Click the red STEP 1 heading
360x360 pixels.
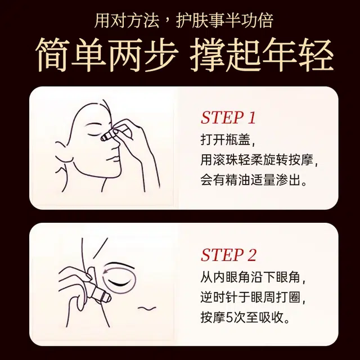pyautogui.click(x=228, y=118)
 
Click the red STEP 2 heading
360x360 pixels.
pyautogui.click(x=228, y=255)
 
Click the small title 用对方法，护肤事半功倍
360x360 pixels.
pyautogui.click(x=184, y=21)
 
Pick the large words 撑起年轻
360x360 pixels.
pyautogui.click(x=261, y=55)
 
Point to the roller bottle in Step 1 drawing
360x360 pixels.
pyautogui.click(x=112, y=133)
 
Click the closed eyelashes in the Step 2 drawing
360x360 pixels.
pyautogui.click(x=121, y=282)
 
